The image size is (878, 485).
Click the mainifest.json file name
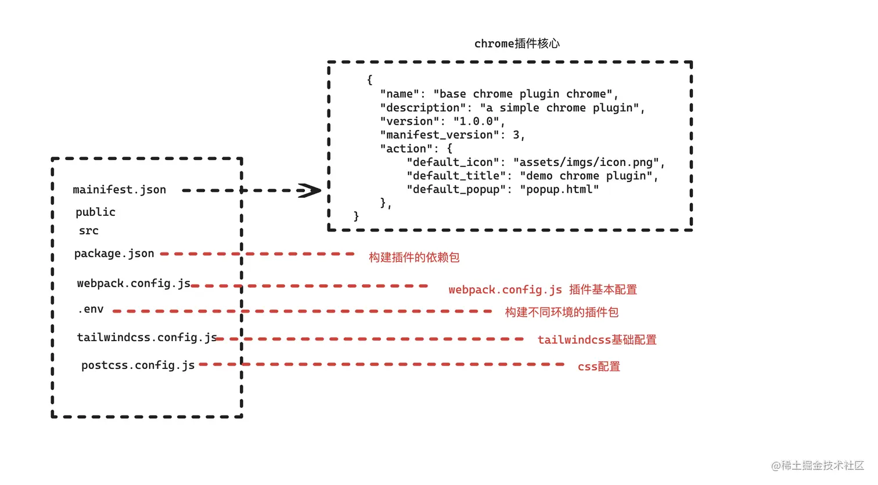click(119, 190)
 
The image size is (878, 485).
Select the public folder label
click(95, 212)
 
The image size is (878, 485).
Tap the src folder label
click(89, 231)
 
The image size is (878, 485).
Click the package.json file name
click(114, 254)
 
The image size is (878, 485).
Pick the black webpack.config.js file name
click(134, 283)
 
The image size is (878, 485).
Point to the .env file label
click(91, 309)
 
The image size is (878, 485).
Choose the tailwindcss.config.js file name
click(146, 337)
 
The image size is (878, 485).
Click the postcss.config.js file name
click(138, 365)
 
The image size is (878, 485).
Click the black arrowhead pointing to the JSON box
click(310, 190)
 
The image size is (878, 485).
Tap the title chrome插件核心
click(517, 44)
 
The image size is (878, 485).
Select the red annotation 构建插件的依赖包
click(414, 257)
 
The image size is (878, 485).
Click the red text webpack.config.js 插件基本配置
click(542, 289)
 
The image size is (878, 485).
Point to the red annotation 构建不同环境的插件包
click(562, 312)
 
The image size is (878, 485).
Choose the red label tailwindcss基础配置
click(597, 340)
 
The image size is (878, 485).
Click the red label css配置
click(599, 367)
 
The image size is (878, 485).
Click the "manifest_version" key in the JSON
click(439, 135)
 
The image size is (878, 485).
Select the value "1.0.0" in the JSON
click(476, 121)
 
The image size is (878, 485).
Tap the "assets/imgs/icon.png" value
click(586, 162)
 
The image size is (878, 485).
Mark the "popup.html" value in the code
click(559, 190)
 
